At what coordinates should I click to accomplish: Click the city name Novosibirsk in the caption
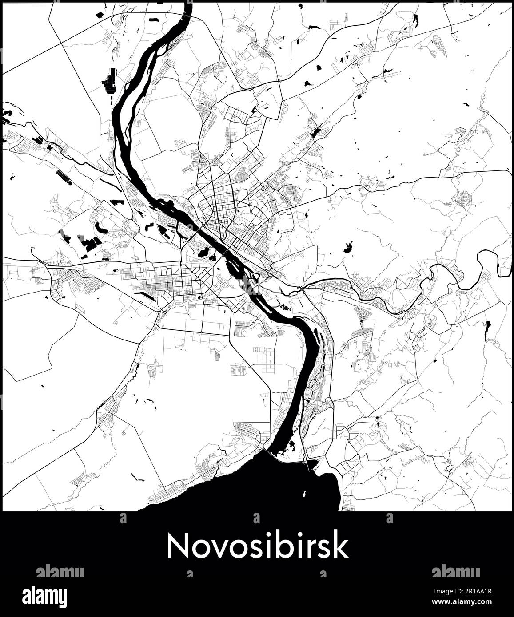257,546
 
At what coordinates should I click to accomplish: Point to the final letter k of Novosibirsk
341,546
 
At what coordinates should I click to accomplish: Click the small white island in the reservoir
304,494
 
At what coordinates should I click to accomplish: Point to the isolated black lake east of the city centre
347,247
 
